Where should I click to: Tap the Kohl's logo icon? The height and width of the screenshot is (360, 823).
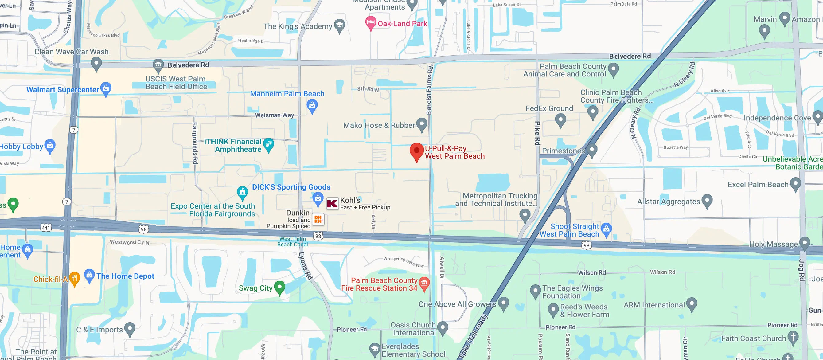coord(332,203)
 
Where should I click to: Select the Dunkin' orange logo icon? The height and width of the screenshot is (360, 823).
coord(318,219)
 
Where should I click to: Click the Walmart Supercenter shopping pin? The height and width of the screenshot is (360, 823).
coord(106,88)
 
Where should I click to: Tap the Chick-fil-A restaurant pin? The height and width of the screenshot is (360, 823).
coord(74,278)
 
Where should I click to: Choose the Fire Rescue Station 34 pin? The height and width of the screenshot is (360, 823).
coord(424,283)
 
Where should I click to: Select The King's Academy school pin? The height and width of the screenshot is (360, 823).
coord(339,25)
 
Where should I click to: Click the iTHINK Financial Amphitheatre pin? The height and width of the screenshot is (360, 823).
coord(269,144)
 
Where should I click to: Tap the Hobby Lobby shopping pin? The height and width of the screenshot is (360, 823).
coord(50,146)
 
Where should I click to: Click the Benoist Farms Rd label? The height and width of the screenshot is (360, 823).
coord(429,90)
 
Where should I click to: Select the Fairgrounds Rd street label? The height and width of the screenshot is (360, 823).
coord(195,143)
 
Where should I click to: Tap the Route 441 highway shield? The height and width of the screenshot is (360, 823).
coord(46,228)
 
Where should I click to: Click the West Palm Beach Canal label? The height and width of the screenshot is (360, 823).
coord(292,241)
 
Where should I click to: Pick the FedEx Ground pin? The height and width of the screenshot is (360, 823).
coord(560,120)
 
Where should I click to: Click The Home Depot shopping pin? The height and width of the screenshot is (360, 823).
coord(89,275)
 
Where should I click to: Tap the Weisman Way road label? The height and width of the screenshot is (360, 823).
coord(275,115)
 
